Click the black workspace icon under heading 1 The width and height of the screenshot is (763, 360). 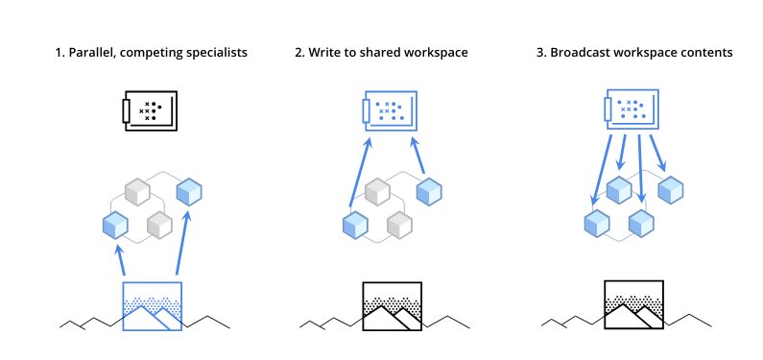coord(149,111)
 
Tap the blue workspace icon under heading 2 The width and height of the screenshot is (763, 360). coord(390,111)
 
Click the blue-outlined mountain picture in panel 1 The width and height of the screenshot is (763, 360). coord(152,306)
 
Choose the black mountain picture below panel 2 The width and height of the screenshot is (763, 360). coord(392,306)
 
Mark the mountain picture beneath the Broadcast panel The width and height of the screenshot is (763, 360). coord(633,306)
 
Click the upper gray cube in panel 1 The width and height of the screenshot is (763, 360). coord(138,190)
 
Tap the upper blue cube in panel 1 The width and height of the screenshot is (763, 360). coord(189,190)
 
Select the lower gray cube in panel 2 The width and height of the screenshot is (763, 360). coord(399,225)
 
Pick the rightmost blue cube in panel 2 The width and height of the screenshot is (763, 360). coord(429,190)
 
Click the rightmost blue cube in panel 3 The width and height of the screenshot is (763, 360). coord(670,189)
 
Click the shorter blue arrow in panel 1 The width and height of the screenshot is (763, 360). coord(120,260)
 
